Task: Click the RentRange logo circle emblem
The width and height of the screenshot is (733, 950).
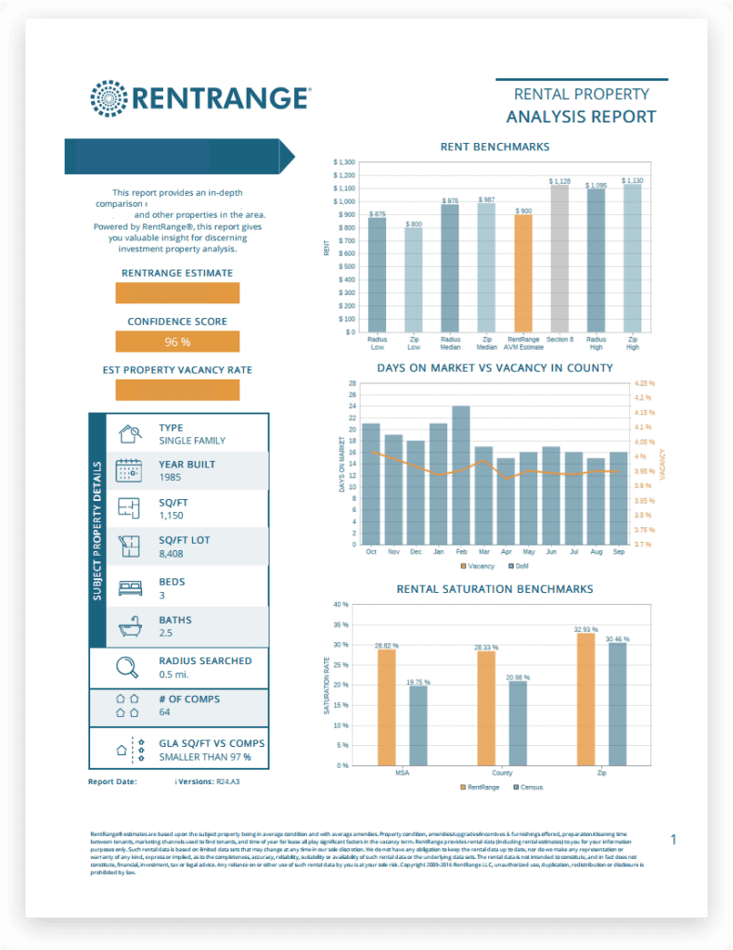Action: (110, 98)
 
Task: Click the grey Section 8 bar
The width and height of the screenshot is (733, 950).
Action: (559, 258)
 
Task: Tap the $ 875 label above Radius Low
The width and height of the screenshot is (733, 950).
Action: (377, 214)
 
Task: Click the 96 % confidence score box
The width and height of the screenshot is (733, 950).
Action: (177, 341)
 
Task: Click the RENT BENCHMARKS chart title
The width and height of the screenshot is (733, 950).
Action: (494, 147)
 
